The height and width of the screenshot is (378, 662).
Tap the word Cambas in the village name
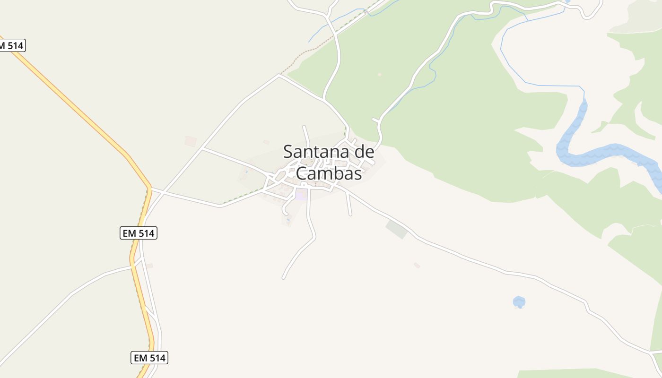coord(329,173)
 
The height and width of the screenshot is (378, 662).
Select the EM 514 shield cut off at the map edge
coord(11,46)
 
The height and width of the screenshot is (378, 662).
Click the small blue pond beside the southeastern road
coord(519,301)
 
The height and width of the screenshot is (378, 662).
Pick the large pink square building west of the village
coord(191,141)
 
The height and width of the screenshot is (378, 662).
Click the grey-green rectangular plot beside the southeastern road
coord(396,229)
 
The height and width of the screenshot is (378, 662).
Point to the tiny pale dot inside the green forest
coord(379,74)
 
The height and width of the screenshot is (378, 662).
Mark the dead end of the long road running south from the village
coord(283,278)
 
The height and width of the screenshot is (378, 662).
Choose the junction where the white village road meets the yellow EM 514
coord(149,189)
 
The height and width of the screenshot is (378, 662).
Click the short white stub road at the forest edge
coord(376,120)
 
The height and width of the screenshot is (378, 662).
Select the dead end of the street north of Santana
coord(304,127)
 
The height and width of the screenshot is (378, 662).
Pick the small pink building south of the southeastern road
coord(417,265)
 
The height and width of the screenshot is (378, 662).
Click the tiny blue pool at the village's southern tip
coord(288,219)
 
